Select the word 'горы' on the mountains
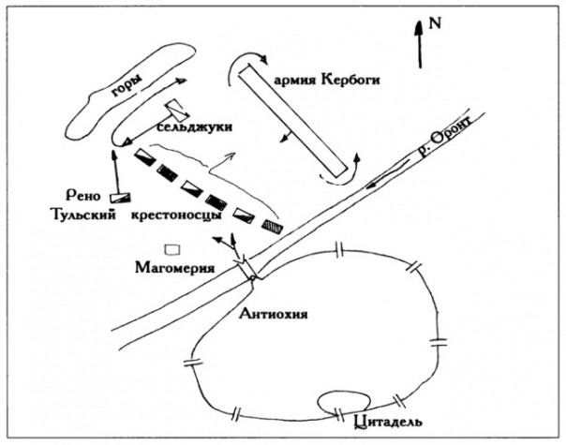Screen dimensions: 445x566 coord(122,87)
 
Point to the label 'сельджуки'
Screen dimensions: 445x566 coord(195,126)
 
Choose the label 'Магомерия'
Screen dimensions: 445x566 coord(174,269)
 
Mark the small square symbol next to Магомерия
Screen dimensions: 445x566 coord(171,249)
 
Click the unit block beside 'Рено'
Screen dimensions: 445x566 coord(119,196)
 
